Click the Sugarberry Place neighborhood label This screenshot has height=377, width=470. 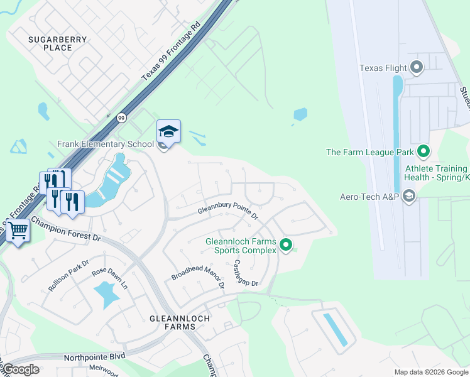pyautogui.click(x=58, y=43)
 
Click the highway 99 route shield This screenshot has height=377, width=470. pyautogui.click(x=121, y=117)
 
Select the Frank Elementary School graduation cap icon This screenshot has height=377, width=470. pyautogui.click(x=168, y=131)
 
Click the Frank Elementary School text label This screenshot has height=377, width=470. pyautogui.click(x=105, y=145)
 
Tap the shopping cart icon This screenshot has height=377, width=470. pyautogui.click(x=18, y=231)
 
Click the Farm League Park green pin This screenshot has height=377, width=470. pyautogui.click(x=424, y=151)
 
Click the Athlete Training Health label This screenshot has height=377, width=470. pyautogui.click(x=436, y=173)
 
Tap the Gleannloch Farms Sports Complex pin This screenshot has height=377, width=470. pyautogui.click(x=286, y=244)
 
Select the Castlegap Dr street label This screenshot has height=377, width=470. pyautogui.click(x=246, y=274)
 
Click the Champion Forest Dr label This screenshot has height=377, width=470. pyautogui.click(x=66, y=229)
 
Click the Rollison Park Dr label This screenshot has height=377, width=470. pyautogui.click(x=69, y=275)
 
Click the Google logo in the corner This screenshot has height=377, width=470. pyautogui.click(x=21, y=369)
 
